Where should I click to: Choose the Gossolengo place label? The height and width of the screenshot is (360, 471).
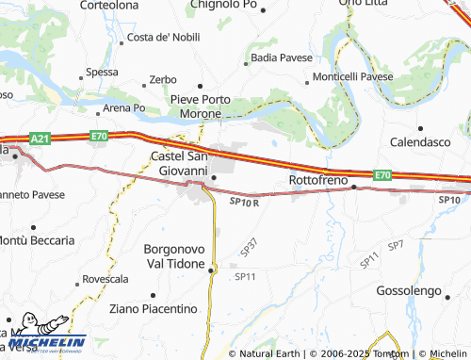pos(414,290)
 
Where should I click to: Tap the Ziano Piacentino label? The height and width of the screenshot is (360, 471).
pos(153,308)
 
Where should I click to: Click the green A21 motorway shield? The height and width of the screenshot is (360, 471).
pos(39,139)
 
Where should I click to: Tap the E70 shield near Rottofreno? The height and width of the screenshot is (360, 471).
pos(381,175)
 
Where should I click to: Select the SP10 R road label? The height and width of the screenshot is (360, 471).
pos(243,201)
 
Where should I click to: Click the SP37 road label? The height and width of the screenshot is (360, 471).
pos(250,247)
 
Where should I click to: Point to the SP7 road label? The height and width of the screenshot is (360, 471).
pos(396,245)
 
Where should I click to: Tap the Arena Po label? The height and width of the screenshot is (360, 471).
pos(124,107)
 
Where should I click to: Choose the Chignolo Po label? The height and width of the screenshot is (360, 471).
pos(223,5)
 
